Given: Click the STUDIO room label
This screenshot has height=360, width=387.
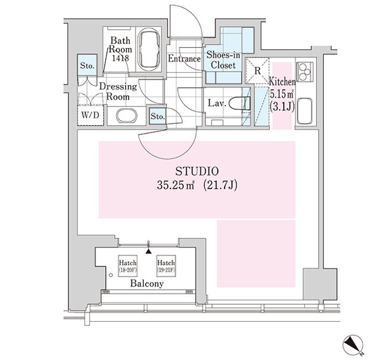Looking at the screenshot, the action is (x=197, y=171).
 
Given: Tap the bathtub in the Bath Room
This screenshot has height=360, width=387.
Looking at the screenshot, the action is (x=149, y=49).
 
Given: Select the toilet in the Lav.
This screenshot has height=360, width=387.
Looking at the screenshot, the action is (x=239, y=103).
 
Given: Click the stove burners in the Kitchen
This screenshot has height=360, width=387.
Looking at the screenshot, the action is (x=305, y=71).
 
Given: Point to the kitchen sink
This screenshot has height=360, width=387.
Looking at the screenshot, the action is (x=305, y=111).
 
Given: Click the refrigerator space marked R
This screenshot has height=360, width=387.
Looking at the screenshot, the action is (x=257, y=70).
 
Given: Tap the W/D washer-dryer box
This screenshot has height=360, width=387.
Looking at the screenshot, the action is (x=90, y=115).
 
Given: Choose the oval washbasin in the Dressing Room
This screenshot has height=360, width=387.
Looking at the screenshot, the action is (x=127, y=115).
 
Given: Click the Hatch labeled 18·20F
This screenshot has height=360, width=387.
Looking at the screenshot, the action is (x=127, y=266).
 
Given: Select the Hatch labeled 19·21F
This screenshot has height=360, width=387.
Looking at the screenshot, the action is (x=166, y=266).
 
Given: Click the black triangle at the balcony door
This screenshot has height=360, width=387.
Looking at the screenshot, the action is (x=148, y=251).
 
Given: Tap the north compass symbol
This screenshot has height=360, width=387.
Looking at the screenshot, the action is (x=353, y=345).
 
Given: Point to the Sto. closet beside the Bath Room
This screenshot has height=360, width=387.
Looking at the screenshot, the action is (x=87, y=66).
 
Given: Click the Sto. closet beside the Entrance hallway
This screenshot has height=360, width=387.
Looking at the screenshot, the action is (x=157, y=116).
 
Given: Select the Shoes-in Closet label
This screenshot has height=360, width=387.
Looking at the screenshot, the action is (x=223, y=60).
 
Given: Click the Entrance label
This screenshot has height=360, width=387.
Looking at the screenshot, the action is (x=184, y=59).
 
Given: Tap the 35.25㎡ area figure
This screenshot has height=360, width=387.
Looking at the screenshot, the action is (x=176, y=185).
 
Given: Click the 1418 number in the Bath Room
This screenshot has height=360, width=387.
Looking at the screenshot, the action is (x=120, y=58).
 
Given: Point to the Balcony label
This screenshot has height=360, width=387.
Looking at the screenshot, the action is (x=147, y=284).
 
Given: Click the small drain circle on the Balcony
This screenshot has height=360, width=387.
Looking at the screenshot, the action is (x=111, y=275).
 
